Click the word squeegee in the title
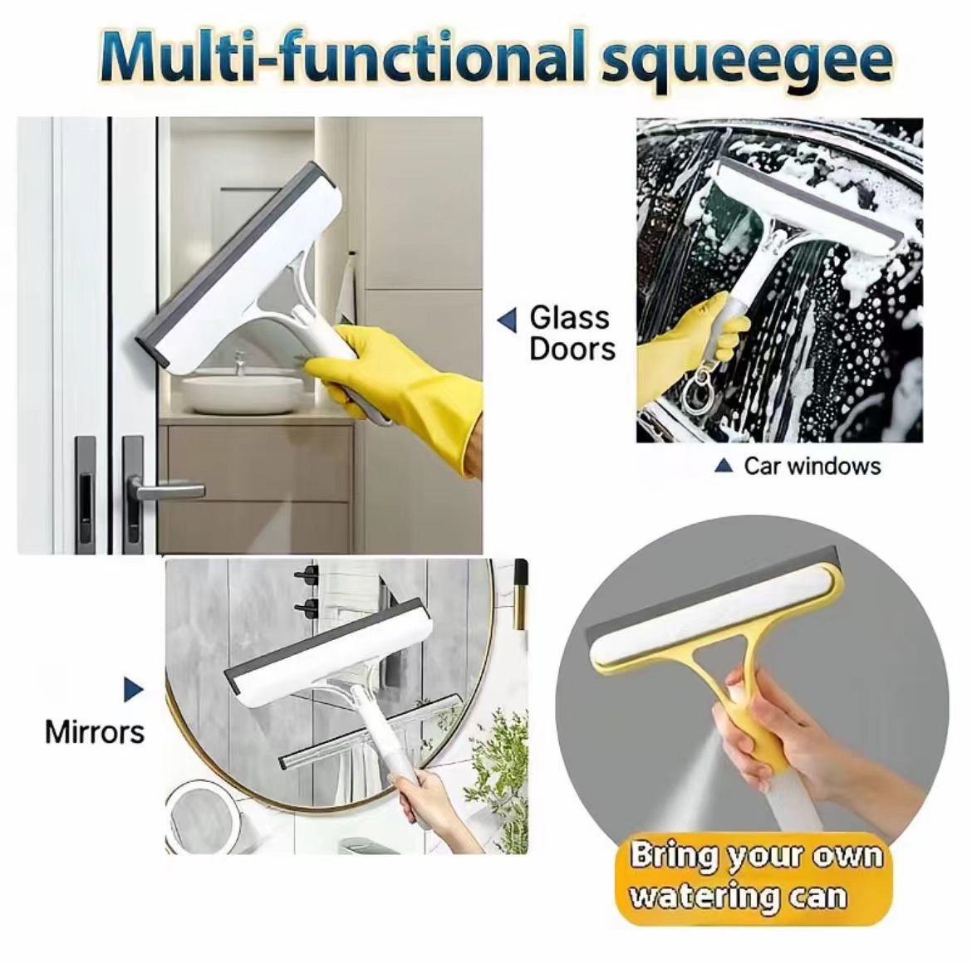(x=748, y=61)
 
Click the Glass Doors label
(x=572, y=333)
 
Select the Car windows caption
(x=812, y=466)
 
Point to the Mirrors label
(x=94, y=732)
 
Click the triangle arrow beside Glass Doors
(x=507, y=320)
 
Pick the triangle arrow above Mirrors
(x=133, y=689)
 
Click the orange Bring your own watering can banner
(x=756, y=878)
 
